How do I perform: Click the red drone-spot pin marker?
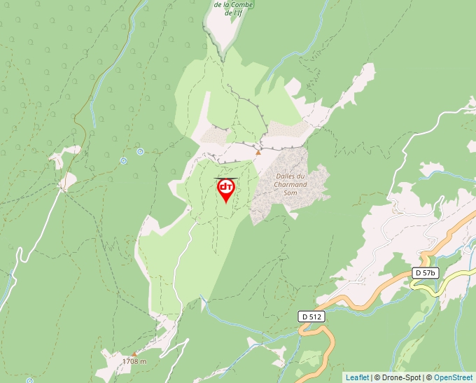[x=226, y=190]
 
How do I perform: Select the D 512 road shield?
[x=311, y=316]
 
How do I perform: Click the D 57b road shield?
[x=425, y=273]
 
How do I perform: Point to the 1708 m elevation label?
[x=134, y=361]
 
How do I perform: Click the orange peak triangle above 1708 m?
[x=135, y=354]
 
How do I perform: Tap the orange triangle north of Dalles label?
[x=258, y=152]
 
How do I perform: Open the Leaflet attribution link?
[x=356, y=377]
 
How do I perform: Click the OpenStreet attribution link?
[x=454, y=377]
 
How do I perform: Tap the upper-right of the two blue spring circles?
[x=140, y=151]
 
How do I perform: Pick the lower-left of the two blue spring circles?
[x=123, y=160]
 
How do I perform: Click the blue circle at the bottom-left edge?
[x=29, y=379]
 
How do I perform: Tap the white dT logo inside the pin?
[x=226, y=187]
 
